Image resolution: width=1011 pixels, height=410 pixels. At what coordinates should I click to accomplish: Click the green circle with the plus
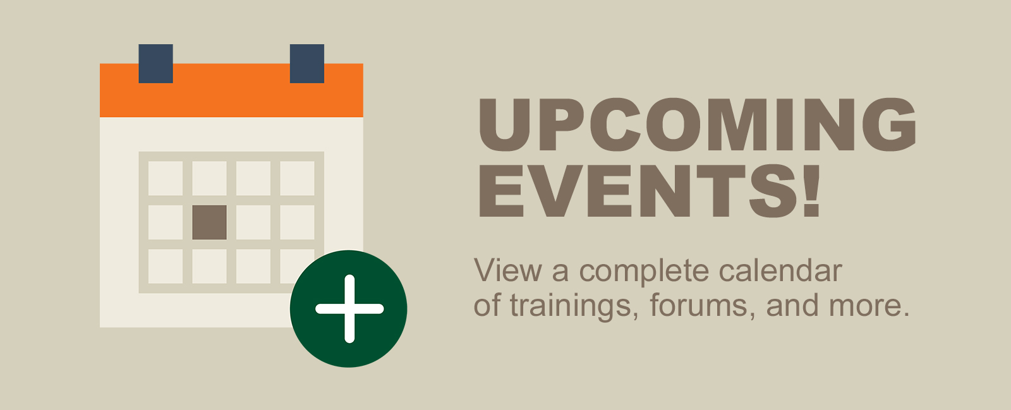point(348,309)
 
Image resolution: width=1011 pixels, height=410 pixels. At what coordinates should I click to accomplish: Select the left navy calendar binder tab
point(155,64)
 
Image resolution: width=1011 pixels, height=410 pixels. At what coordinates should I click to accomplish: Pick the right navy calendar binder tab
point(307,64)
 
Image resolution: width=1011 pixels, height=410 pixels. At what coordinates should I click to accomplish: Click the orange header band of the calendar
point(231,90)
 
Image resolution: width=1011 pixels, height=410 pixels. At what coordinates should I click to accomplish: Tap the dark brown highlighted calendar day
point(209,222)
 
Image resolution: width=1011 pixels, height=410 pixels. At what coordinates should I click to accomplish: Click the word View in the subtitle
point(508,270)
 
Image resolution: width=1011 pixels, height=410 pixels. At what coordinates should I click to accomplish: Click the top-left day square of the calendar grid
point(166,178)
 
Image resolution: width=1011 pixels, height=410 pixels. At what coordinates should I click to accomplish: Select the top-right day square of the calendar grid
point(297,178)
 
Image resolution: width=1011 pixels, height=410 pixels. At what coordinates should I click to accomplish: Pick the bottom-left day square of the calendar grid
point(166,266)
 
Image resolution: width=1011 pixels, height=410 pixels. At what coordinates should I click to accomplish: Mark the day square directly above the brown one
point(209,178)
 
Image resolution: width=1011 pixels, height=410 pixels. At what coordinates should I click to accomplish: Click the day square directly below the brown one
point(209,266)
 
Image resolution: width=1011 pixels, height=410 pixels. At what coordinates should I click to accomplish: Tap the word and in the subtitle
point(792,305)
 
